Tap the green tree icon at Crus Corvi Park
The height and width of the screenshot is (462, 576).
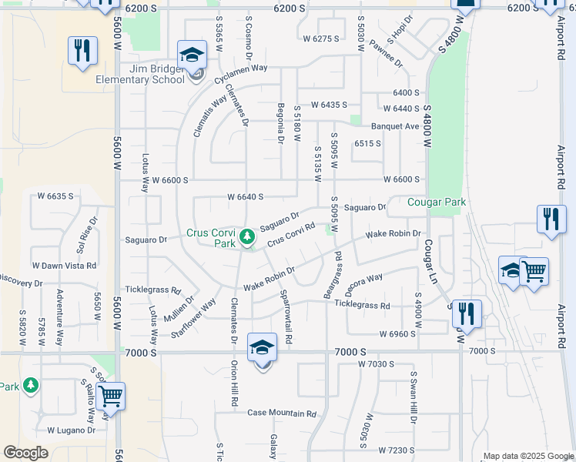(247, 236)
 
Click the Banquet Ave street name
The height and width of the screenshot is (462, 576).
(395, 126)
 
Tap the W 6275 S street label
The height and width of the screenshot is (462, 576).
(320, 38)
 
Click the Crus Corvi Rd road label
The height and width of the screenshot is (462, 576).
(292, 236)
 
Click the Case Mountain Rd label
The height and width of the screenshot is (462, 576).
(282, 413)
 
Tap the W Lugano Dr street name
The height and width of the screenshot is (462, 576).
(71, 430)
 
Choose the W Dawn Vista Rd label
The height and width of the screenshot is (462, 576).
(65, 266)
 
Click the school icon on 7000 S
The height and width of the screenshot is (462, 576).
(262, 349)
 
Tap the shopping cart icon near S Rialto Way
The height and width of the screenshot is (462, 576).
(110, 397)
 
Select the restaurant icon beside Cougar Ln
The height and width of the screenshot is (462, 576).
(466, 313)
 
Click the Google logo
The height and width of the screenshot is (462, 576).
(26, 453)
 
